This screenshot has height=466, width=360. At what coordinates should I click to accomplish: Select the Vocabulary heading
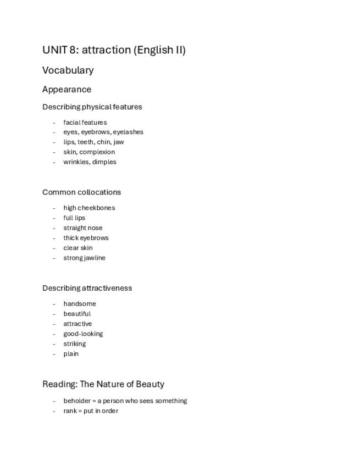68,70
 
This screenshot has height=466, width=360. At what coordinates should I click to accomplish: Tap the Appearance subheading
67,90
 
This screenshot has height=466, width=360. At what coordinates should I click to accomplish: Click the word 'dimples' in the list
104,162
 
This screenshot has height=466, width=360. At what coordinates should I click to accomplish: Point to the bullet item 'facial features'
85,123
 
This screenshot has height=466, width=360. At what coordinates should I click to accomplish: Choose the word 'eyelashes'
128,132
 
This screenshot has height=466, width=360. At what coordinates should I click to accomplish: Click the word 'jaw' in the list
118,142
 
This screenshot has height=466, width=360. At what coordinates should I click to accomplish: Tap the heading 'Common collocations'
81,192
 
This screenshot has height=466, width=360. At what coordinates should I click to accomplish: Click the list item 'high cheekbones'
89,208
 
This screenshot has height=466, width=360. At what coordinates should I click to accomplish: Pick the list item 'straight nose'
82,228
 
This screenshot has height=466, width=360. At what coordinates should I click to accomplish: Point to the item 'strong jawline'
84,258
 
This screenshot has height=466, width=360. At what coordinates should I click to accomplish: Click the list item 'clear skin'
78,248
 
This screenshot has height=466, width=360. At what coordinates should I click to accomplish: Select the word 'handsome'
79,304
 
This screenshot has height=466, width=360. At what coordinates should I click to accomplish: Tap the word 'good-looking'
83,334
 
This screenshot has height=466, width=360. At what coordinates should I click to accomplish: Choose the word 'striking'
74,344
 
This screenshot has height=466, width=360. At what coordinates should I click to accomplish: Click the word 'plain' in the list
71,354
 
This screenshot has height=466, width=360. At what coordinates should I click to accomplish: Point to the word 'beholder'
76,401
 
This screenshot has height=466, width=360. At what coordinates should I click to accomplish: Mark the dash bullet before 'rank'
54,411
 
